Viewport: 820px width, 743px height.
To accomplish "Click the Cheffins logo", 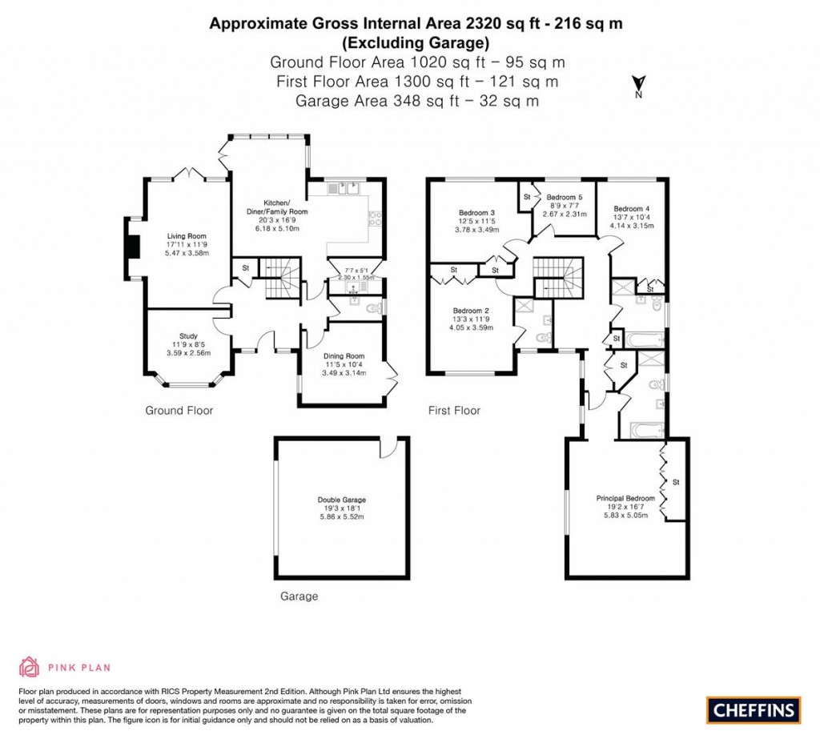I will [753, 709].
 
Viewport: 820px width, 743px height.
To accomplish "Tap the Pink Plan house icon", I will [29, 666].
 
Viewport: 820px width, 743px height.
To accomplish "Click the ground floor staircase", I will [280, 279].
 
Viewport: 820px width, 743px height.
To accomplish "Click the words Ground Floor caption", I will [179, 411].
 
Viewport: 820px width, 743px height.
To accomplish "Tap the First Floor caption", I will [454, 411].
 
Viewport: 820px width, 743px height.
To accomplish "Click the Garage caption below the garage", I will [299, 596].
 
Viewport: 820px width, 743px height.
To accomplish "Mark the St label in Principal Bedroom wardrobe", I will [676, 482].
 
